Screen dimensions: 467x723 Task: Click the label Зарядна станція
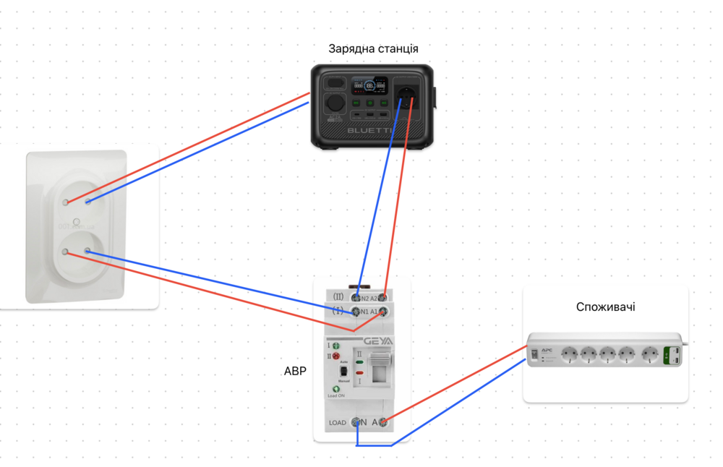click(x=373, y=49)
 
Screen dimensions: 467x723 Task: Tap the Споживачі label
click(x=605, y=307)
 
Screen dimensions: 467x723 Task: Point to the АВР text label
click(x=295, y=372)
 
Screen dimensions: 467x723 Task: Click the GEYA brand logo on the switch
click(x=379, y=341)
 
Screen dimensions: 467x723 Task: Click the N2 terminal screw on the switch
click(x=356, y=297)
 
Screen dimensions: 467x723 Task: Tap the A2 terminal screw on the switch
click(x=382, y=297)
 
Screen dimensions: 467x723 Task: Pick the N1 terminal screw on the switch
click(x=356, y=312)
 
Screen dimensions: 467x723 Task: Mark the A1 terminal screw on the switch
click(x=382, y=312)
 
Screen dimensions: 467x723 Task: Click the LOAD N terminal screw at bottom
click(x=356, y=422)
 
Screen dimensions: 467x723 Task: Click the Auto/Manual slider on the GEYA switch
click(x=344, y=372)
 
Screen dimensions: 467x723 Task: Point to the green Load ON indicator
click(x=336, y=389)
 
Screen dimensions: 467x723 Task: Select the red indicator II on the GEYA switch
click(x=335, y=356)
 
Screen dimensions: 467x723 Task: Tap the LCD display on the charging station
click(x=369, y=87)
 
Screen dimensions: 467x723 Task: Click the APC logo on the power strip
click(x=547, y=350)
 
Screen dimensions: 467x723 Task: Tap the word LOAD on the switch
click(x=338, y=423)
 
